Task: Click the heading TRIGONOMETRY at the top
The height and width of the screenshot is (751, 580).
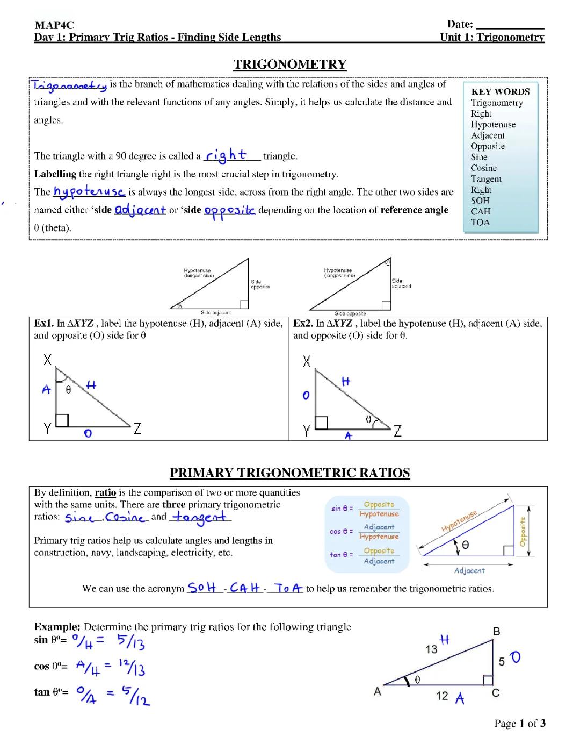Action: pos(289,65)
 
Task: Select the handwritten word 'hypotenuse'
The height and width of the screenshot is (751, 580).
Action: pos(89,191)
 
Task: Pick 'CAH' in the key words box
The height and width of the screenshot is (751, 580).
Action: pos(481,211)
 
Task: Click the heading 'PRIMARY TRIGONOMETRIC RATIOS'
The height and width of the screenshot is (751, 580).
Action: pos(289,473)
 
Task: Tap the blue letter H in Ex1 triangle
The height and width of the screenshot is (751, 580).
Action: pos(91,385)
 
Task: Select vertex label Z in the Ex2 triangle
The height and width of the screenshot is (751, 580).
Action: pos(397,431)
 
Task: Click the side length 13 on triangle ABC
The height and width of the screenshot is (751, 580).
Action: pos(431,649)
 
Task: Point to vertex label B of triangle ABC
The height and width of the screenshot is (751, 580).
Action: pos(497,632)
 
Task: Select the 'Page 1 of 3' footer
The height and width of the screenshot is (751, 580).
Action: pos(519,724)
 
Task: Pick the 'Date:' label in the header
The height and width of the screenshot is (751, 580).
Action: pos(460,24)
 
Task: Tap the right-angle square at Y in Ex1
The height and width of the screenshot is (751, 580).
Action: pos(62,420)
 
